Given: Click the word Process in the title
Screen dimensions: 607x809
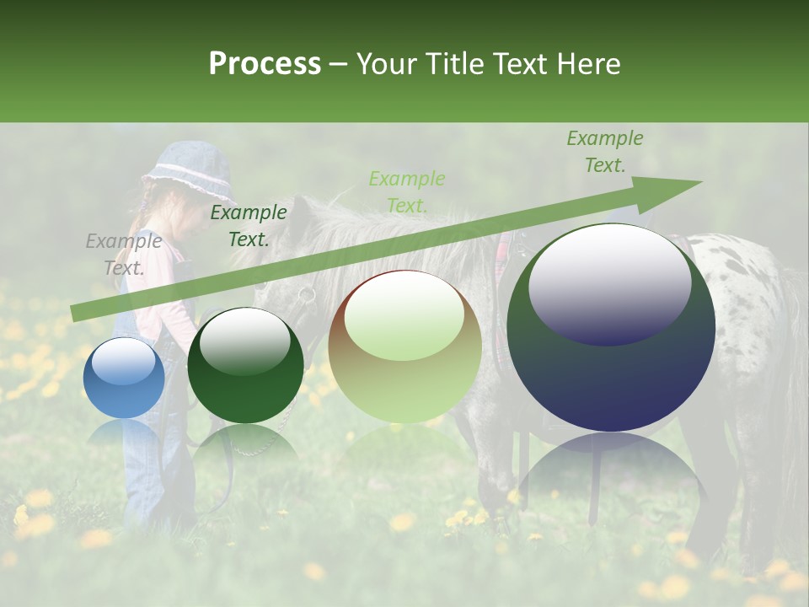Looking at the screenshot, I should [265, 64].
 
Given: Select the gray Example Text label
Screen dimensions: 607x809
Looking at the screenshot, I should [124, 255].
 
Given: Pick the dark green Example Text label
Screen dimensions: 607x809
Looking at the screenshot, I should [249, 226].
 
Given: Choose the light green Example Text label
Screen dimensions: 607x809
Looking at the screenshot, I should [407, 191].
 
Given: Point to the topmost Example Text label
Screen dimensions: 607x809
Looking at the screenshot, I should [604, 152].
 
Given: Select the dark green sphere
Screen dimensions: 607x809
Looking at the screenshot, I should [245, 366].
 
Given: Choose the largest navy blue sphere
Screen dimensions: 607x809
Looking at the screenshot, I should [611, 329].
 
